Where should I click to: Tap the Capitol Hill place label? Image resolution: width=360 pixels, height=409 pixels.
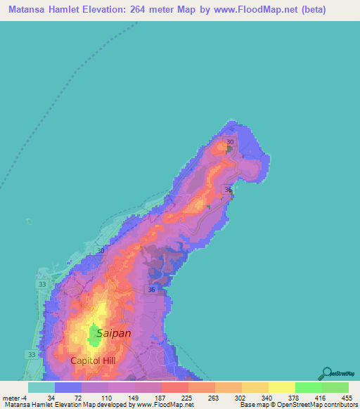click(92, 361)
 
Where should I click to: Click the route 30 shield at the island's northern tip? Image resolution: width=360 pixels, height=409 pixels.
click(229, 143)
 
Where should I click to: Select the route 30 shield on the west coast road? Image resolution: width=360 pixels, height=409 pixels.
click(101, 251)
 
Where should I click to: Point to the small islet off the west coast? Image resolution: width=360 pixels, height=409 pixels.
click(29, 221)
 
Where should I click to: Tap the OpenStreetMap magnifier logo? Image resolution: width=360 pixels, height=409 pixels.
click(328, 372)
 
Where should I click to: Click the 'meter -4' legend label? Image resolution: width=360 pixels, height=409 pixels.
click(15, 397)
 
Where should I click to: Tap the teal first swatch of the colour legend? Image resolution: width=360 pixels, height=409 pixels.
click(41, 387)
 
